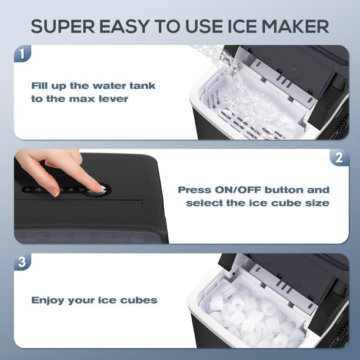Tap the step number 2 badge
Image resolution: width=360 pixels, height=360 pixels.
tap(338, 158)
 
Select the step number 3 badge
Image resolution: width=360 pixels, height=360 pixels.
tap(22, 262)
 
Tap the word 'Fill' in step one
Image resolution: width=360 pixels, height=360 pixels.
tap(40, 86)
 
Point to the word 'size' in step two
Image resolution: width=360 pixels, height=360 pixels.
tap(316, 203)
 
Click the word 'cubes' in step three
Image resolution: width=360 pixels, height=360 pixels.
tap(138, 300)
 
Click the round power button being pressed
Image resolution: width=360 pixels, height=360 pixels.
tap(98, 189)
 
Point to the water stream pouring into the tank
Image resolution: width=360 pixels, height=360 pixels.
tap(235, 76)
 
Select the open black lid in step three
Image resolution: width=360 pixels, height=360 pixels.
tap(282, 274)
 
